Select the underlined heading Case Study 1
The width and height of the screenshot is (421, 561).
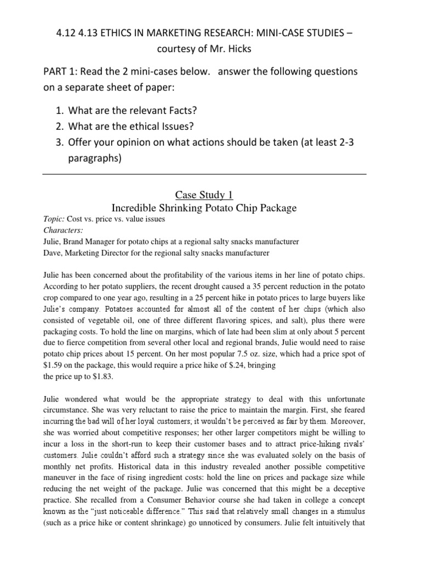[x=204, y=194]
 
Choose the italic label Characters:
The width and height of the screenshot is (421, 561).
[x=60, y=230]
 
